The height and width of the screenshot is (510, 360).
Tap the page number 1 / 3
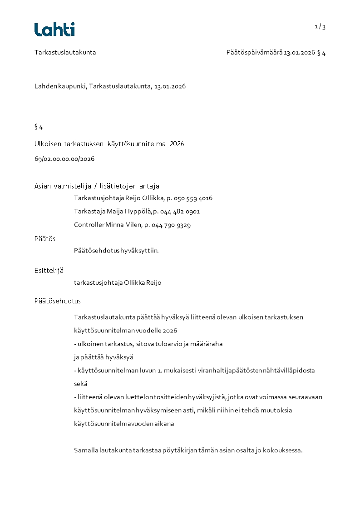click(320, 27)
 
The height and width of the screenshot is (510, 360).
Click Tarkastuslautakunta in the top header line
click(65, 53)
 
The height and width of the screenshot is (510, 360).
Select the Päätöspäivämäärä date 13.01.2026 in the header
click(299, 53)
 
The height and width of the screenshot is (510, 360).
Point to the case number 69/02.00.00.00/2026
click(64, 159)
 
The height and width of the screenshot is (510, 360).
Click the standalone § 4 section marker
click(39, 127)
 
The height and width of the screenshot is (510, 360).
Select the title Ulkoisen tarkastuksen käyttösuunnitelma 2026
click(109, 144)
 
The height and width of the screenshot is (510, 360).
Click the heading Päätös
click(45, 239)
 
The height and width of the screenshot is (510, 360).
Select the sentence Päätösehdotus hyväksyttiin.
click(116, 250)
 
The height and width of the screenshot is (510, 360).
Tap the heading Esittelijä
click(49, 271)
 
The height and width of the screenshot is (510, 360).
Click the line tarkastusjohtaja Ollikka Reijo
click(118, 283)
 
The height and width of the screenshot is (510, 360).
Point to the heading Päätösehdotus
click(58, 301)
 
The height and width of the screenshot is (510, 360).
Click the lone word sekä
click(81, 384)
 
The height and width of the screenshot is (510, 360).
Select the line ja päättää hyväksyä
click(104, 357)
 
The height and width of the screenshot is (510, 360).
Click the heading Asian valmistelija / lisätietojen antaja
click(97, 186)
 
